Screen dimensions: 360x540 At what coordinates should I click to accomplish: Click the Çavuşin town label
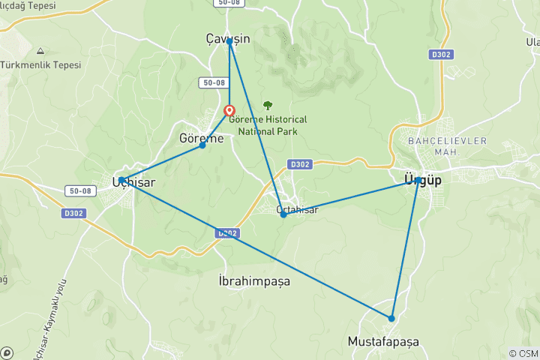click(x=228, y=37)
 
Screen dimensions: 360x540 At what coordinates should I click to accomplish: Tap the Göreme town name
click(x=202, y=139)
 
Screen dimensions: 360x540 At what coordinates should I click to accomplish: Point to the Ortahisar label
click(x=297, y=209)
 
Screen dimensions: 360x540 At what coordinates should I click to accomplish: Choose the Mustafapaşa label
click(x=383, y=341)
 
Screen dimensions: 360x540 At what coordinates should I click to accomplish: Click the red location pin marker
click(x=230, y=112)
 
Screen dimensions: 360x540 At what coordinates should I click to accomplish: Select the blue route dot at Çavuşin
click(x=229, y=42)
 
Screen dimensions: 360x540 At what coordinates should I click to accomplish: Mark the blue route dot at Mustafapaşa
click(x=391, y=319)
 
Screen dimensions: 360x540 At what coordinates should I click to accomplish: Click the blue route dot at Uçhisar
click(x=121, y=180)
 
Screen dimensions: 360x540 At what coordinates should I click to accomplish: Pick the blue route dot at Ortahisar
click(x=283, y=215)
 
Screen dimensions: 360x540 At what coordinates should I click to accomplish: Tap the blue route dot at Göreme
click(x=202, y=145)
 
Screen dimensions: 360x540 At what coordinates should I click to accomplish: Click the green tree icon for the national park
click(x=268, y=105)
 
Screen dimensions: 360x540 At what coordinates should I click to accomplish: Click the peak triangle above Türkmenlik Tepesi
click(x=39, y=51)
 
